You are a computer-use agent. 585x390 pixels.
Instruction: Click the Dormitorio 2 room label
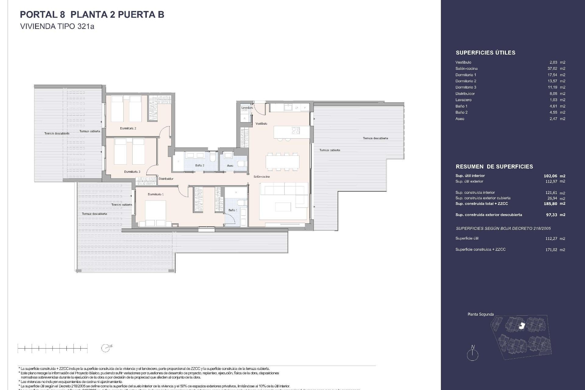[x=128, y=128]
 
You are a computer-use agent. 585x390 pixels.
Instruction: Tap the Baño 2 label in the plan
[x=200, y=165]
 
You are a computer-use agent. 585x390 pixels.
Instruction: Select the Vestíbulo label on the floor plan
[x=261, y=123]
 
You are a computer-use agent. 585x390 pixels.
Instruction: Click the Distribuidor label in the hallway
[x=166, y=179]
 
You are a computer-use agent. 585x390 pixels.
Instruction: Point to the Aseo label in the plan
[x=230, y=166]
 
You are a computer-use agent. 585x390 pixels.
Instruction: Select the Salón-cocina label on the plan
[x=261, y=177]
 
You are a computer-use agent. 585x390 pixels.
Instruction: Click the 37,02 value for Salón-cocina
[x=552, y=69]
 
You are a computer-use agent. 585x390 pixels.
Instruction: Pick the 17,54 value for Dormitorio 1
[x=552, y=75]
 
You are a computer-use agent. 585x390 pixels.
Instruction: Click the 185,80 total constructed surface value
[x=551, y=204]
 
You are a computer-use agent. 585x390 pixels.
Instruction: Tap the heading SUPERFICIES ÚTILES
[x=485, y=53]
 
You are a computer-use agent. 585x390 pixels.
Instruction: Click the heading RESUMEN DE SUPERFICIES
[x=494, y=167]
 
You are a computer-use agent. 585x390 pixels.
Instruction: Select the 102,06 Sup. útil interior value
[x=551, y=176]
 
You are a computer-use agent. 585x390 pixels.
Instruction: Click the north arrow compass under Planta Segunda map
[x=473, y=355]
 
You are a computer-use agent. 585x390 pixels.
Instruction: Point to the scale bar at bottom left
[x=52, y=348]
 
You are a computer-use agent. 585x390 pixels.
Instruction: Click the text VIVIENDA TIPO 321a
[x=57, y=27]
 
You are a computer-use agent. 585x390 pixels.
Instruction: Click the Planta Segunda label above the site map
[x=480, y=314]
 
